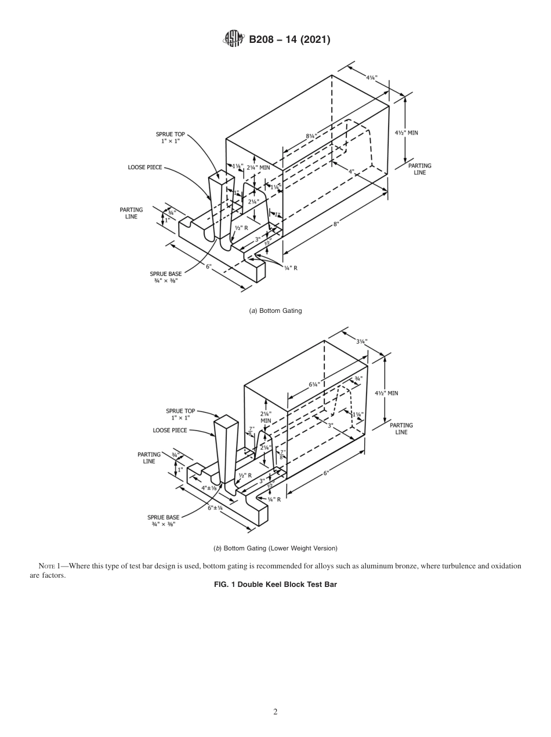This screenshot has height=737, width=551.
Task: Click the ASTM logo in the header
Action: coord(234,39)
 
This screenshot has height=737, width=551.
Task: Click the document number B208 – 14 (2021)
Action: coord(289,40)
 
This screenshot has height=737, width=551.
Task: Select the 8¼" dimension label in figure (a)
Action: coord(311,137)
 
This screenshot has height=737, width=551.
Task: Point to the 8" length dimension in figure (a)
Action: coord(336,225)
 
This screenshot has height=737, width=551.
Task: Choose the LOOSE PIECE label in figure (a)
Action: coord(145,167)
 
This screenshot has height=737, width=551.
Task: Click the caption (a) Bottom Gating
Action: coord(275,311)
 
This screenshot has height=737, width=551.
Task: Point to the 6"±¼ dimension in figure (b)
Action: coord(215,508)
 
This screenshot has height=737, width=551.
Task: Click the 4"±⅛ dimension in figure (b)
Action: coord(209,488)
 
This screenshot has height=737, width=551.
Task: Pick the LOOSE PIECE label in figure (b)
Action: coord(170,430)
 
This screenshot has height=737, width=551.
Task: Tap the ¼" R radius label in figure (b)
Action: coord(274,499)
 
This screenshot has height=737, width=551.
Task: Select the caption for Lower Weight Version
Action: coord(275,548)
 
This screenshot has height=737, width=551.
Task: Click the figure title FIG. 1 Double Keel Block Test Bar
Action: coord(275,585)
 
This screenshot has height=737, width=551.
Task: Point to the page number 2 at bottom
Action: coord(275,712)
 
